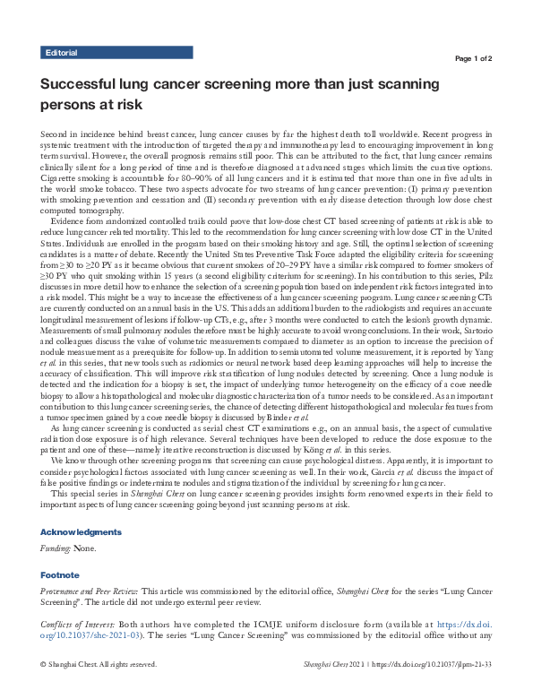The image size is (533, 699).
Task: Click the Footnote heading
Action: (x=60, y=574)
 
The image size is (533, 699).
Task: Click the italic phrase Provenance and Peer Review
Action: (x=90, y=591)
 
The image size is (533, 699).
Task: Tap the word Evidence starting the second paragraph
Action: (x=69, y=219)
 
